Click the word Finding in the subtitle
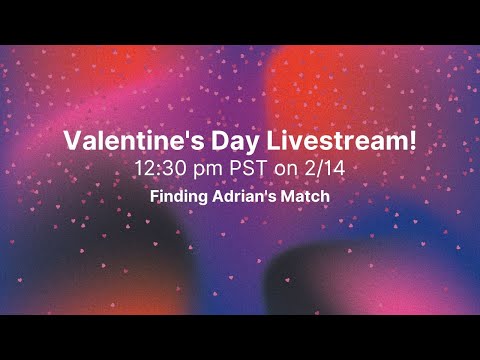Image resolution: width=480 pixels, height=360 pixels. point(177,197)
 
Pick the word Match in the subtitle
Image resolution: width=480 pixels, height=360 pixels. point(303,197)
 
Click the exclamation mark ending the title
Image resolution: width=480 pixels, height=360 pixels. point(413,141)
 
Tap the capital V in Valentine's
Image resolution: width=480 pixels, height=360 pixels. point(72,141)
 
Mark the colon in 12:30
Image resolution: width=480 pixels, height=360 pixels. point(162,169)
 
